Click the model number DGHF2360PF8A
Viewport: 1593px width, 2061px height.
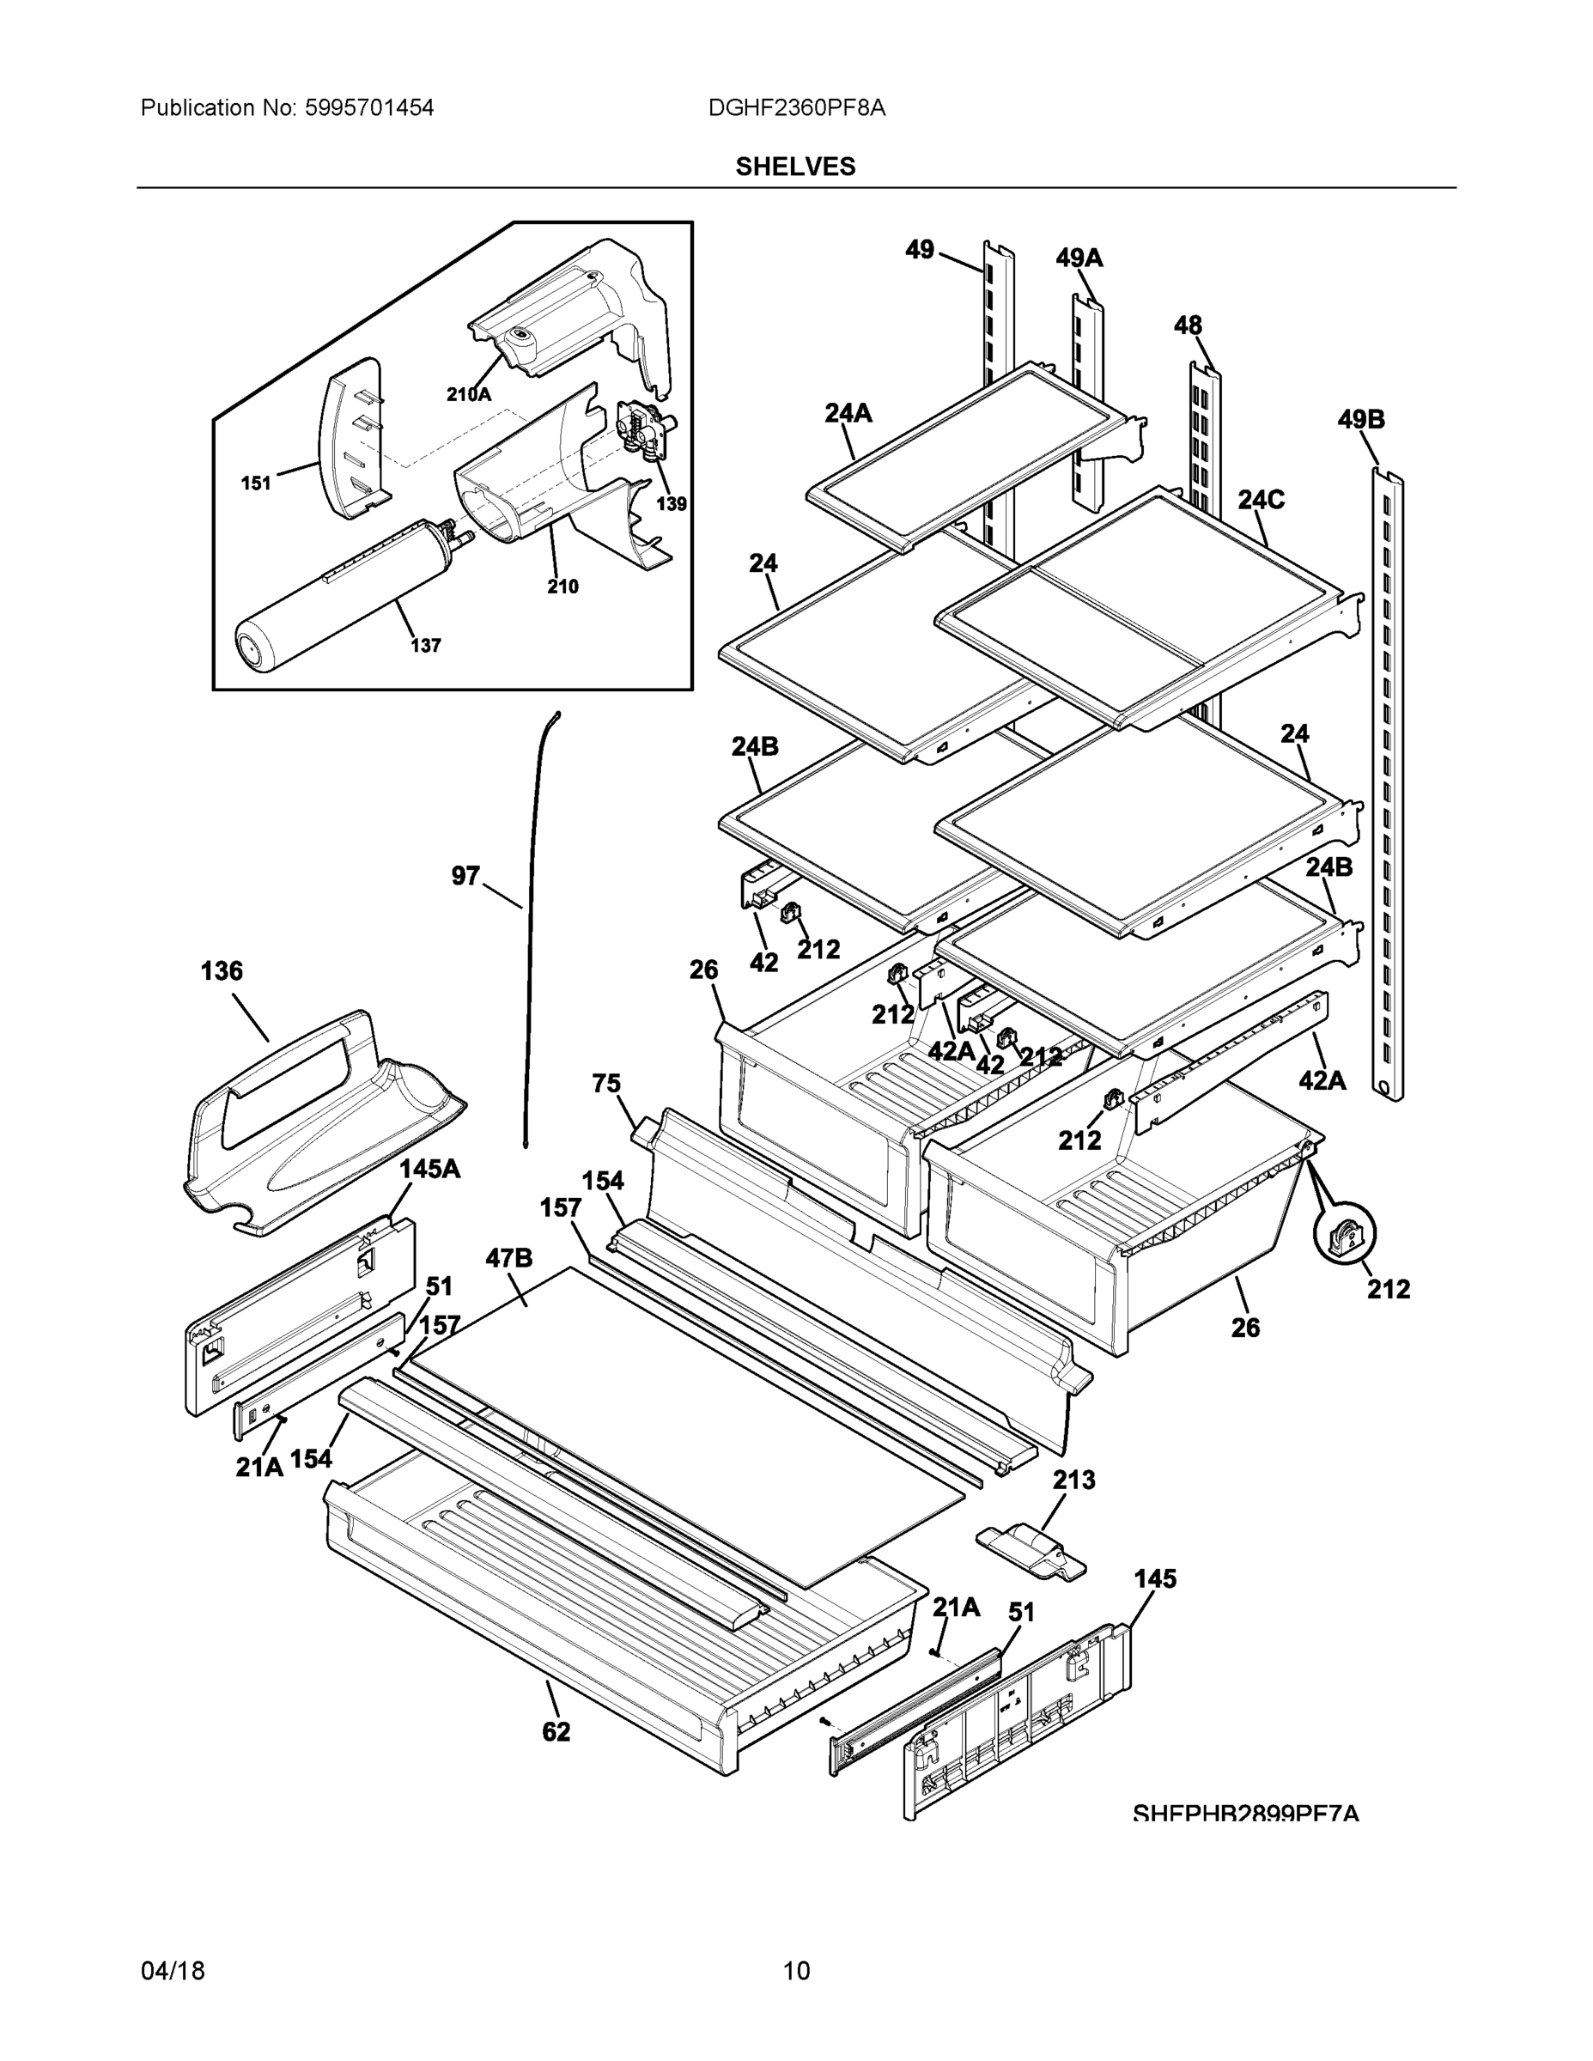[x=797, y=107]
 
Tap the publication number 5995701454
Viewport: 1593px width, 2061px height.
[x=369, y=107]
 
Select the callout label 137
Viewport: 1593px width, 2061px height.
[x=426, y=646]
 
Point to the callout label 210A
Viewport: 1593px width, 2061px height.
[x=469, y=394]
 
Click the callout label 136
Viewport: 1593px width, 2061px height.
[x=222, y=971]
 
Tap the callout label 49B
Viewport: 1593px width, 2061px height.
[x=1361, y=419]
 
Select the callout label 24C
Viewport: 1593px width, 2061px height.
[x=1261, y=499]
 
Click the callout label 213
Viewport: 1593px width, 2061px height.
[x=1074, y=1480]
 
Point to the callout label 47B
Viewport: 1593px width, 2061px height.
[x=509, y=1258]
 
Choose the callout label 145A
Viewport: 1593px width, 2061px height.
[x=429, y=1170]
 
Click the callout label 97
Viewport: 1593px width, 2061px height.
[x=465, y=876]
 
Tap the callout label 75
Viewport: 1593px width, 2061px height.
[x=607, y=1084]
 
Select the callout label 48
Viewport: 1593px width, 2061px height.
[x=1189, y=325]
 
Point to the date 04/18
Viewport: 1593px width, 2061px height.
[x=173, y=1971]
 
